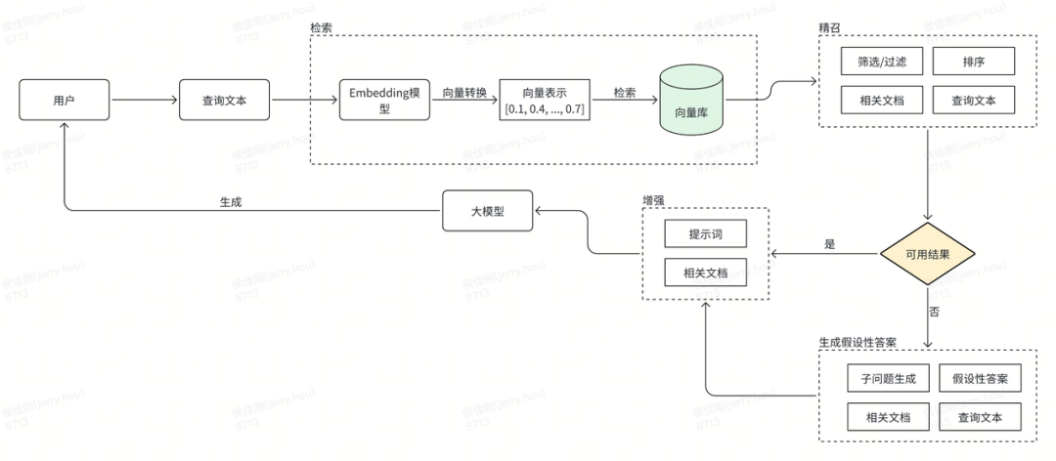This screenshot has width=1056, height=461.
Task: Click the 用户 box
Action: pyautogui.click(x=64, y=100)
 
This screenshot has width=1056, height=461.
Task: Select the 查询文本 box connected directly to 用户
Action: pyautogui.click(x=224, y=100)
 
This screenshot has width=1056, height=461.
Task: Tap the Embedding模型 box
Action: pyautogui.click(x=384, y=100)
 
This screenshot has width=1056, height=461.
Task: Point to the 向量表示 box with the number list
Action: pyautogui.click(x=546, y=100)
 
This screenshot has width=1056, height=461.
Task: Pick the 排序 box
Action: pyautogui.click(x=973, y=62)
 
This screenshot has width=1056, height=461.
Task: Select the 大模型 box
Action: pyautogui.click(x=487, y=210)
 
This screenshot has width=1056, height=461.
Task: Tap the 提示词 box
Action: pyautogui.click(x=705, y=234)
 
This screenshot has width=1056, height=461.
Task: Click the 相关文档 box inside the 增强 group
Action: pyautogui.click(x=705, y=272)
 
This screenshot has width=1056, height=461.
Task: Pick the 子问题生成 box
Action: pyautogui.click(x=882, y=378)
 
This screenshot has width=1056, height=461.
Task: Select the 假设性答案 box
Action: pyautogui.click(x=980, y=378)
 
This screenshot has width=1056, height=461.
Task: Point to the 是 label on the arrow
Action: pyautogui.click(x=830, y=244)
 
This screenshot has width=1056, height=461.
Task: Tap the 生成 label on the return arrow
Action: pyautogui.click(x=231, y=201)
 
